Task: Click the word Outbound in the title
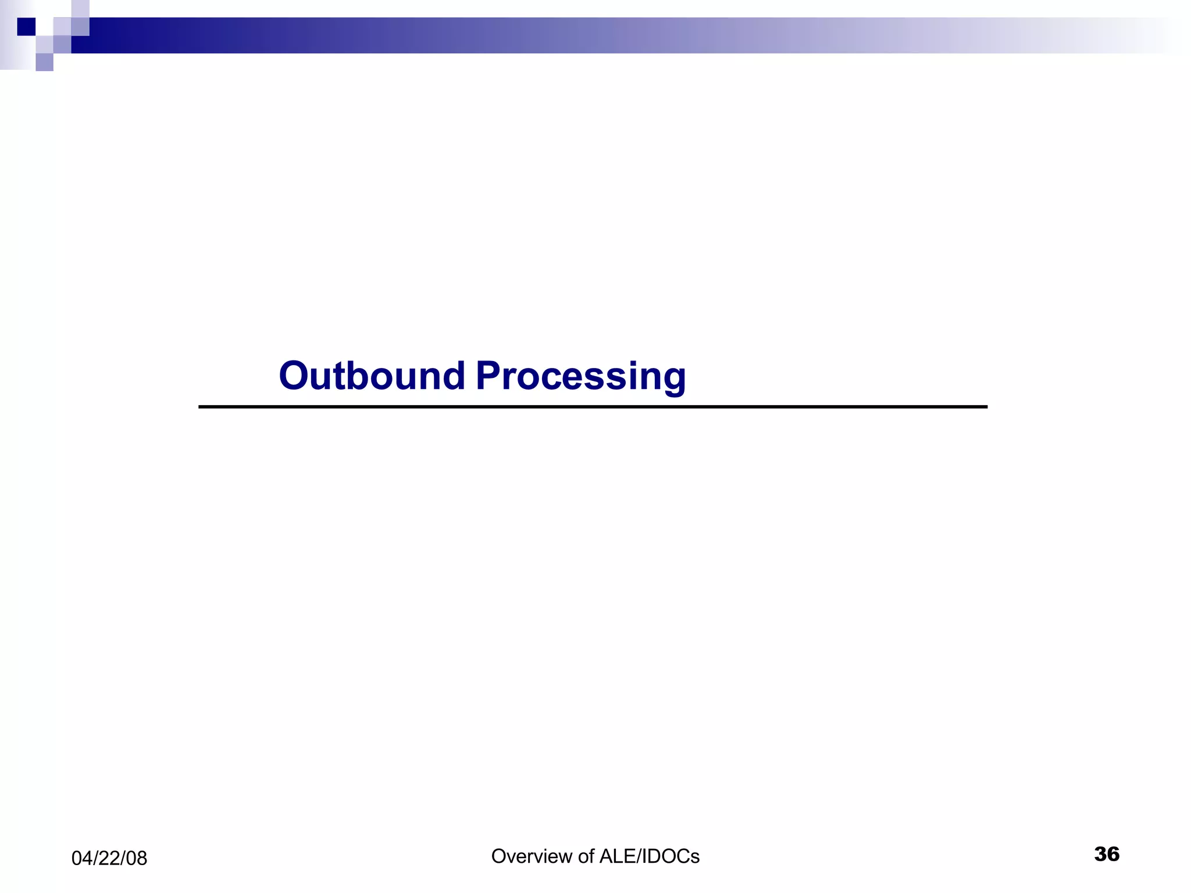372,376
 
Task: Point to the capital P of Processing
488,376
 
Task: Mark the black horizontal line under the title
593,407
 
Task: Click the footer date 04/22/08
109,859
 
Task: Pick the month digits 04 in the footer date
82,859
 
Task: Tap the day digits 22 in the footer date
109,859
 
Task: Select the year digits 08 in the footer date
137,859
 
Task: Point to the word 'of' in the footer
586,856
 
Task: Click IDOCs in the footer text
669,856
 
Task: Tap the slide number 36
1107,854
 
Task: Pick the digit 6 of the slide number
1113,854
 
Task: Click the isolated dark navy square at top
26,27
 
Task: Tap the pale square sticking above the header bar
80,9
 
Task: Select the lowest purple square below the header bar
44,62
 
